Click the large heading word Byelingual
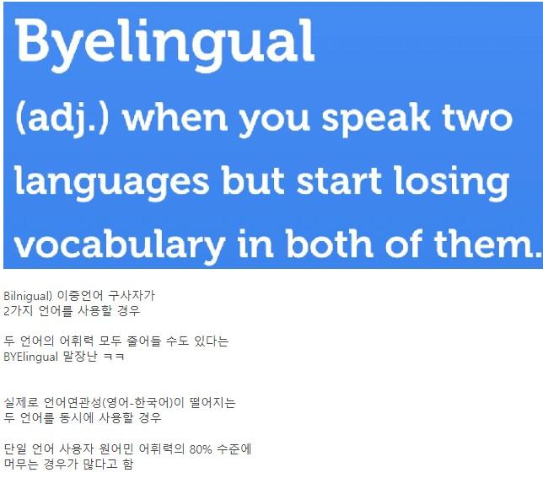click(x=164, y=43)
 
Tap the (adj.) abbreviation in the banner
click(x=62, y=119)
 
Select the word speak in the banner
click(x=376, y=119)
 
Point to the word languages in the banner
click(x=112, y=182)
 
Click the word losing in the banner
click(x=452, y=182)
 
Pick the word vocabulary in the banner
click(x=120, y=245)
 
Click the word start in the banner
click(x=339, y=180)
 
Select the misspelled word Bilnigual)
click(x=28, y=296)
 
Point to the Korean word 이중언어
click(x=80, y=296)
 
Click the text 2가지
click(x=18, y=310)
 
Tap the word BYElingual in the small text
click(x=30, y=357)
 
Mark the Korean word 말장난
click(x=80, y=356)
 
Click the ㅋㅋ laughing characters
click(x=114, y=357)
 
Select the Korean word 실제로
click(x=21, y=402)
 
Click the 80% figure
click(x=201, y=449)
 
